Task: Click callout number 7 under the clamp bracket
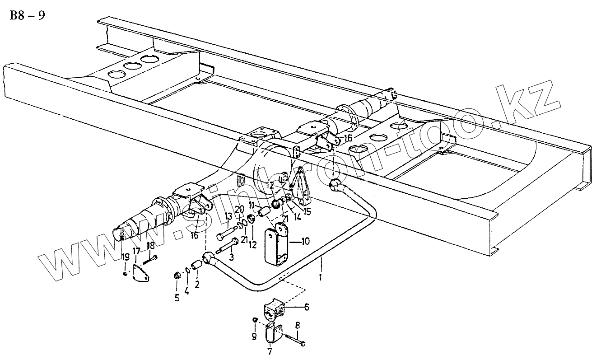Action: [270, 351]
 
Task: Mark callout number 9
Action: [254, 337]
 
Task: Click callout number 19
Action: [126, 258]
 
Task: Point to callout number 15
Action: [307, 210]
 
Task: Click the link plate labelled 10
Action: [276, 247]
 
